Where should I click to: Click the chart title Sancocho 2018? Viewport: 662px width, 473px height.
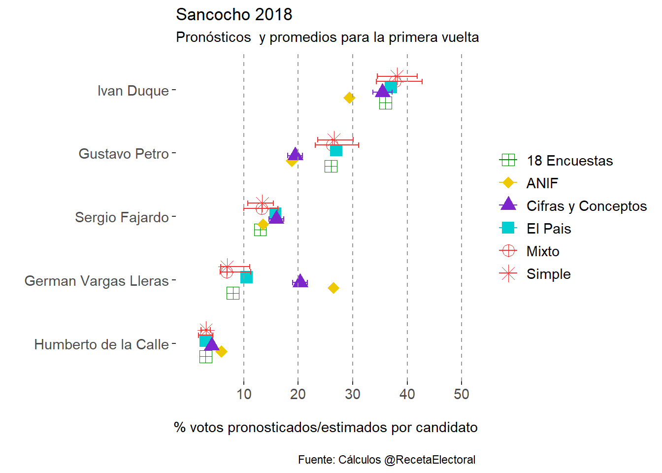point(234,15)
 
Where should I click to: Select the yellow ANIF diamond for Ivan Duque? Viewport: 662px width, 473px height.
point(349,98)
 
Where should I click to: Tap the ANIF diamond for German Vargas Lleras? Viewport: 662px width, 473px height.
point(333,288)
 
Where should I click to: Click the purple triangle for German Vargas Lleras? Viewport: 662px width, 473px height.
point(300,281)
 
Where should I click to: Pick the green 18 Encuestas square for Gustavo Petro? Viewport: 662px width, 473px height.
point(331,167)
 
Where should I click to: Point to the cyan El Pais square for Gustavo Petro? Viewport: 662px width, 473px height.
point(336,150)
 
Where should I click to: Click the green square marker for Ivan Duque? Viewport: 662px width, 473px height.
point(386,103)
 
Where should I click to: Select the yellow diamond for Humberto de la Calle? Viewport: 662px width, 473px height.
point(222,351)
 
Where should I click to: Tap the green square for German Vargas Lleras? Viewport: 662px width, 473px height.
point(233,293)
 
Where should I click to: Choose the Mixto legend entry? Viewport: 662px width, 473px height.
point(543,251)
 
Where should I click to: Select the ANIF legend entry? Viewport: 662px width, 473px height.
point(542,183)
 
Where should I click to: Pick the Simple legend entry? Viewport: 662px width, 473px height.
point(548,274)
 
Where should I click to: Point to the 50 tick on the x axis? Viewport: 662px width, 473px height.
point(462,394)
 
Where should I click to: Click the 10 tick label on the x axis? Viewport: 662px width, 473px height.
point(244,394)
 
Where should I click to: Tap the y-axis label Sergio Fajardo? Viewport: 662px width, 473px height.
point(122,217)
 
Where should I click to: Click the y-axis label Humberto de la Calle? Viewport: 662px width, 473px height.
point(101,344)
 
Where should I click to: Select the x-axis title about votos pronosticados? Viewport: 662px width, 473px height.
point(326,427)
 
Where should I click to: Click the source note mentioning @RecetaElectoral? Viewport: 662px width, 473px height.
point(387,460)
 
